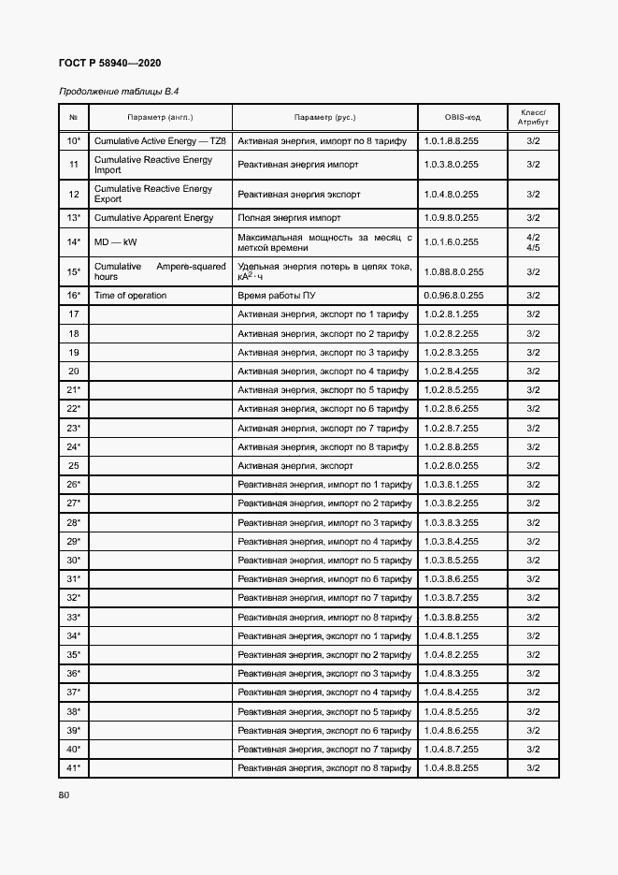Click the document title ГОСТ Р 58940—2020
[110, 63]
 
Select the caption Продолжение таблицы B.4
[119, 92]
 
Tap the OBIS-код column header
[462, 118]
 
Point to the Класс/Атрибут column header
[533, 118]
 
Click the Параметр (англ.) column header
[160, 118]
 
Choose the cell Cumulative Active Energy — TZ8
[159, 140]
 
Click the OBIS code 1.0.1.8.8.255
[451, 140]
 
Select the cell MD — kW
[115, 242]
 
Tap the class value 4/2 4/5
[533, 242]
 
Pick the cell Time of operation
[130, 296]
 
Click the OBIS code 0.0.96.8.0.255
[453, 296]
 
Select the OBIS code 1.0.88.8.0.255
[453, 271]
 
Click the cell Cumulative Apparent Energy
[153, 218]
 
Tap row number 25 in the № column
[73, 465]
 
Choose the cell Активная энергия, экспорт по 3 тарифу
[323, 353]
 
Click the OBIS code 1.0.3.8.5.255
[451, 561]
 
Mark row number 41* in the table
[73, 767]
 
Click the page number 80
[65, 795]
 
